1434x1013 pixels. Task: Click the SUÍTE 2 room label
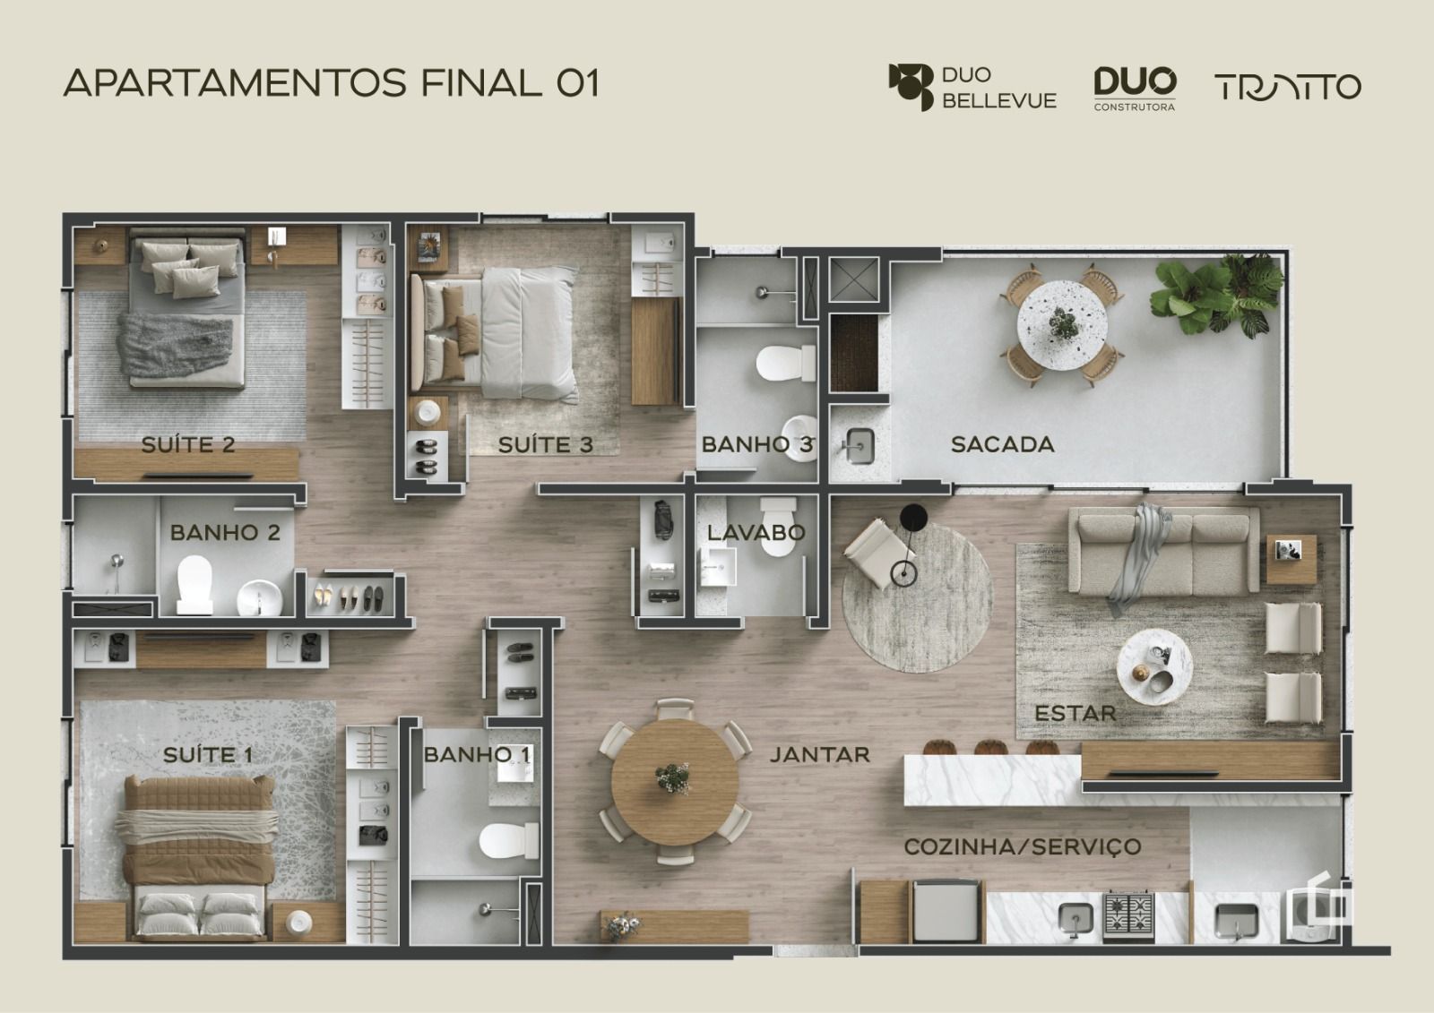188,445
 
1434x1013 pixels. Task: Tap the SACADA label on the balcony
1003,445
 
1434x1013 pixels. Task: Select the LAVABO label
756,532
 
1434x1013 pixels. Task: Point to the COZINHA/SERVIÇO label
1023,846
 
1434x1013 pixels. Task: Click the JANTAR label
819,755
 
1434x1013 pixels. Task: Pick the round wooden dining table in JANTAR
675,782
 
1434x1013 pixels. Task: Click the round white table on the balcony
1063,325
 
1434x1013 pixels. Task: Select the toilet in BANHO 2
194,585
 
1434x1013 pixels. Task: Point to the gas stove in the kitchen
1128,918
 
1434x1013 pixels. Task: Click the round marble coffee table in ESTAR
1154,666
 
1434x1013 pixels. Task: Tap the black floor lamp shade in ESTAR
913,517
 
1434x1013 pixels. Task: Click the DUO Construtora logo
1135,89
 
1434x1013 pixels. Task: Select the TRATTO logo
1288,88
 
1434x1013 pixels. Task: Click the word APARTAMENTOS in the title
236,83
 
